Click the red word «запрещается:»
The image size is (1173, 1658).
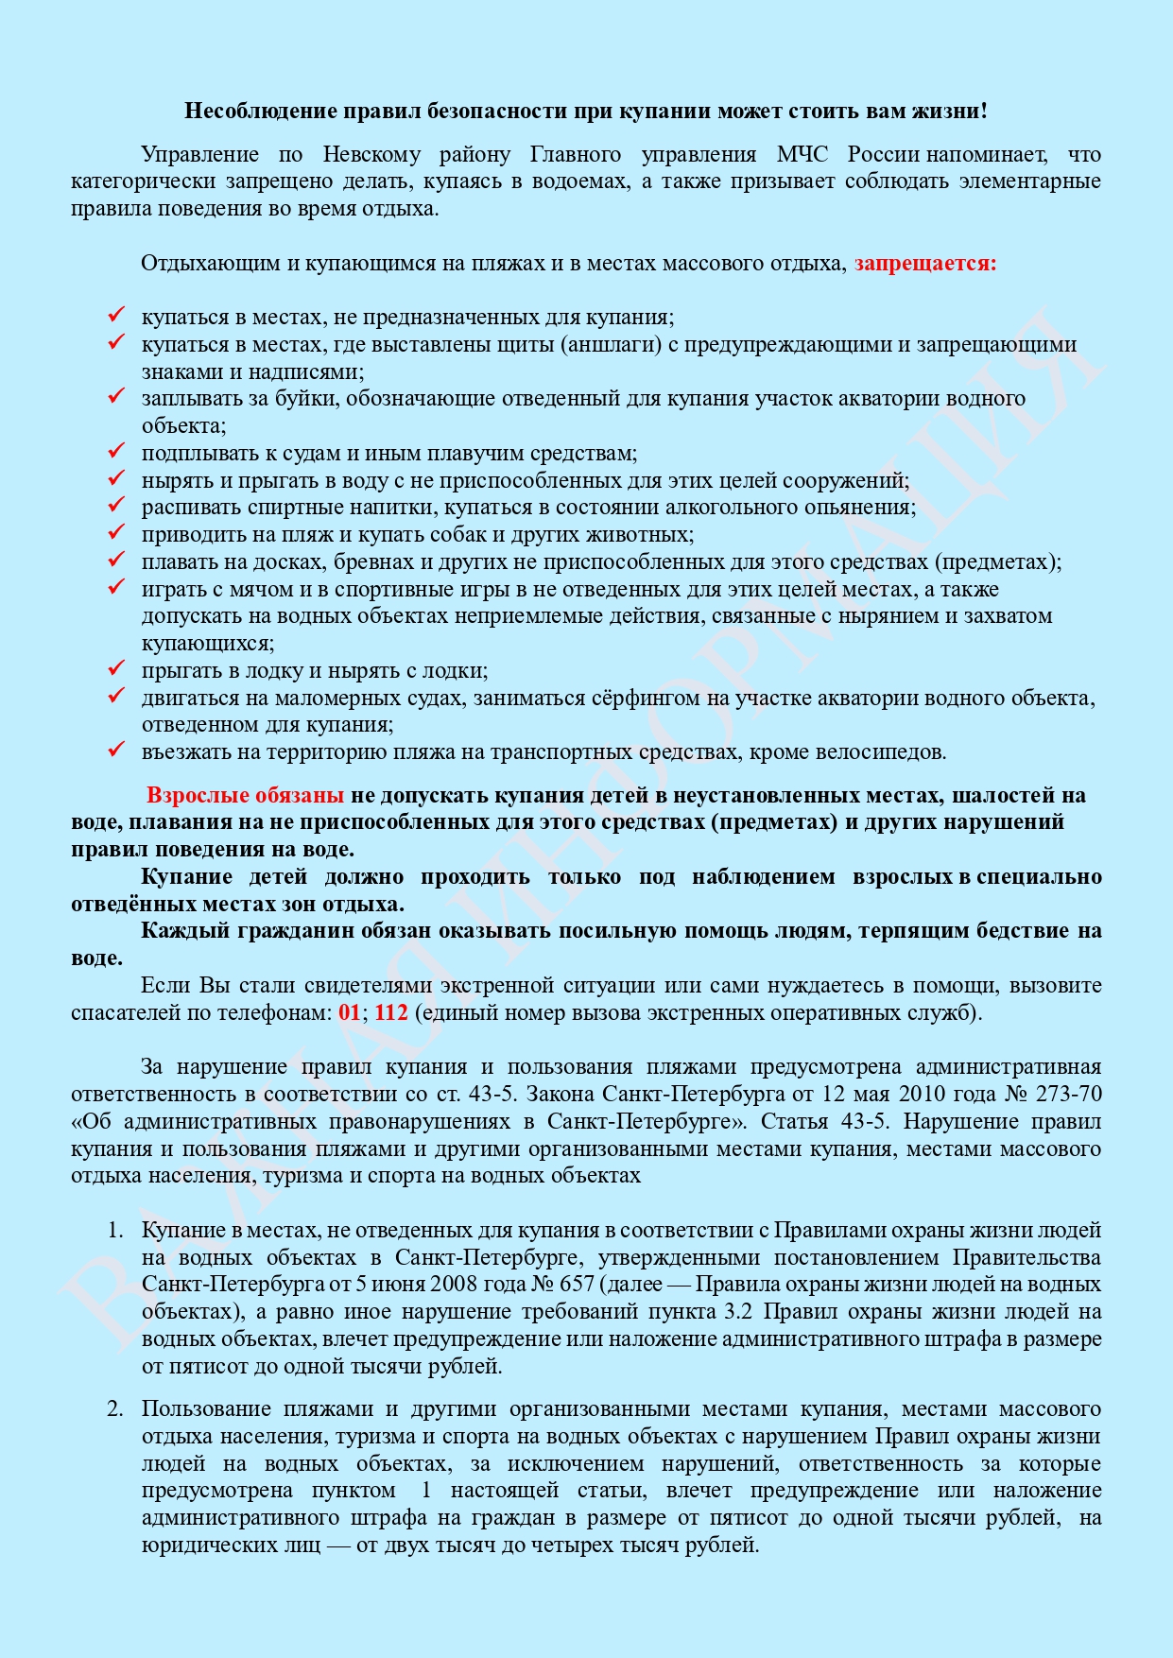[x=925, y=263]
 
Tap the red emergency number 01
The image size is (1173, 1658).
[x=349, y=1012]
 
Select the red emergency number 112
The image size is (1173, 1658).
[x=391, y=1012]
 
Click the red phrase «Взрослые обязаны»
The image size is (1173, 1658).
[x=245, y=795]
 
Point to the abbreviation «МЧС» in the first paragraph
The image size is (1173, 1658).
[x=802, y=154]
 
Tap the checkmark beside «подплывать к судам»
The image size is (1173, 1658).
[x=116, y=452]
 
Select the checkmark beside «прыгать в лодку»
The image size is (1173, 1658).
[x=116, y=669]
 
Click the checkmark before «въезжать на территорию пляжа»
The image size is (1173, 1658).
[x=116, y=751]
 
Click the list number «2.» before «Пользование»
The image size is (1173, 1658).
[x=114, y=1408]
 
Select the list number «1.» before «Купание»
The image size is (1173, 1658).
[x=114, y=1230]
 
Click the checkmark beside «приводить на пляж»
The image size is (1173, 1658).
[x=116, y=533]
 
